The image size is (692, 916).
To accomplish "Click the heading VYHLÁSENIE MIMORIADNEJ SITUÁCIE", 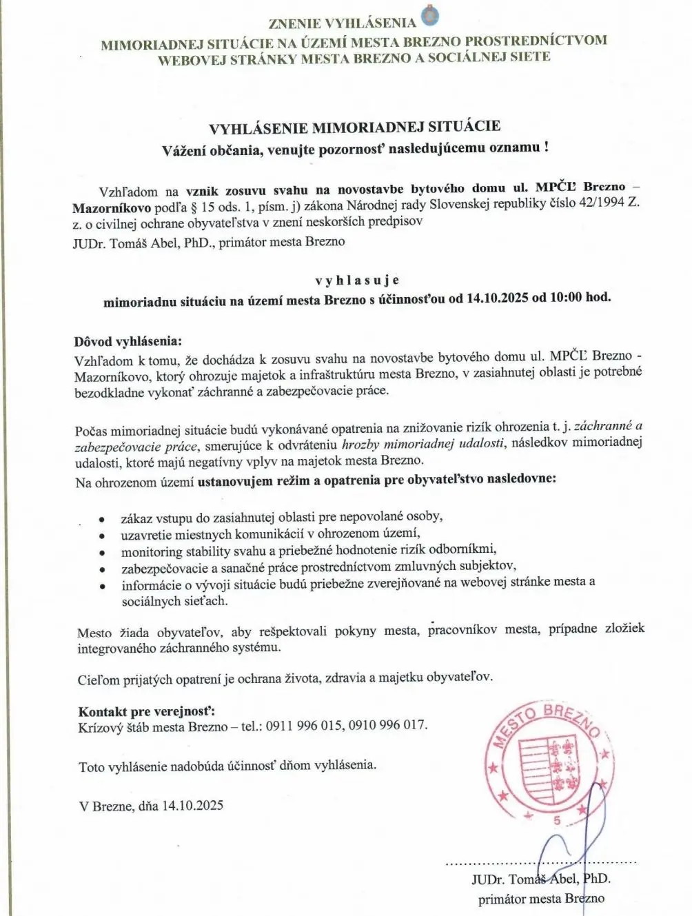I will click(x=354, y=127).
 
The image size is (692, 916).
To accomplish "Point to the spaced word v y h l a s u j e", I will click(x=357, y=281).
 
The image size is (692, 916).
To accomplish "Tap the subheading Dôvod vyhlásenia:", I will click(x=129, y=341).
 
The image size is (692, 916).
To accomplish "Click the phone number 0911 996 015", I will click(x=304, y=725).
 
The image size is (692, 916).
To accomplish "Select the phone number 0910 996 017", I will click(x=387, y=725).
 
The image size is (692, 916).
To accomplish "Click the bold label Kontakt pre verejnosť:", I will click(x=146, y=711).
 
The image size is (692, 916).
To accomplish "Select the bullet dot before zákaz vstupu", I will click(x=102, y=518).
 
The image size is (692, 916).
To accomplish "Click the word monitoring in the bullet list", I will click(x=152, y=551).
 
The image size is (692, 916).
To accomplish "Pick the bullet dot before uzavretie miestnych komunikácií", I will click(x=102, y=535).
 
